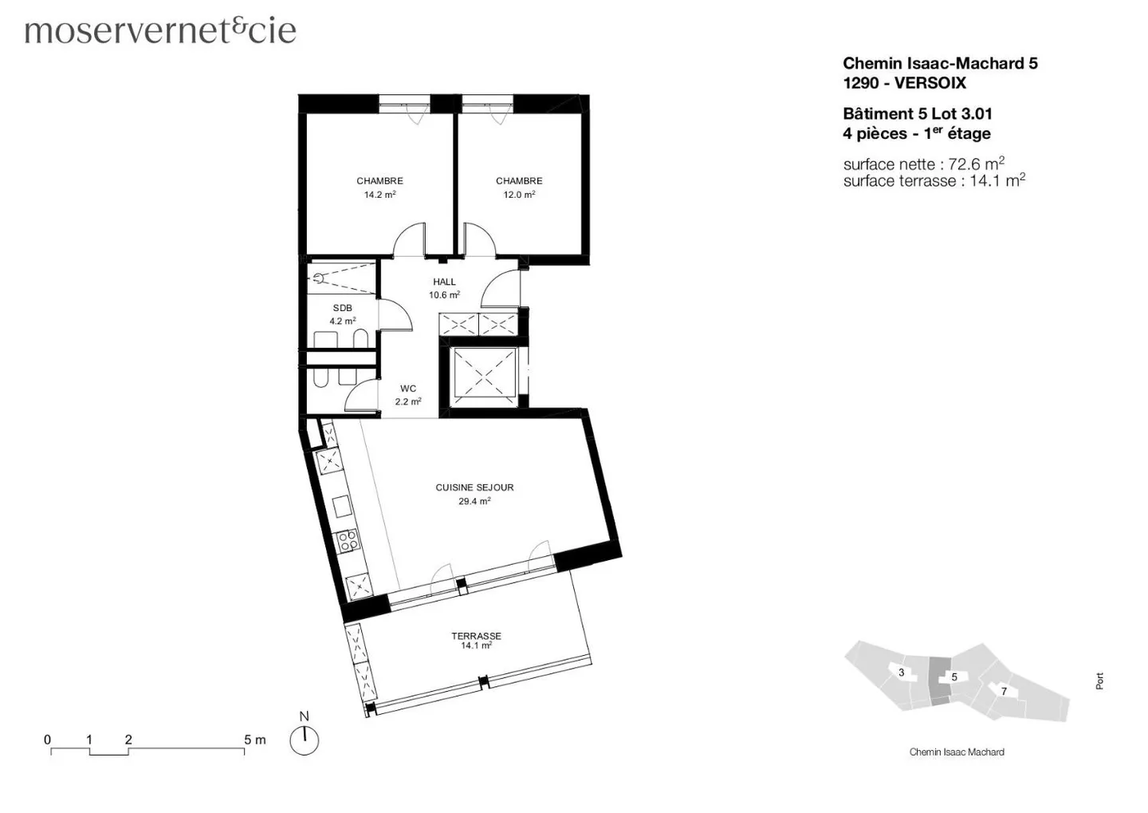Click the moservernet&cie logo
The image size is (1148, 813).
tap(160, 30)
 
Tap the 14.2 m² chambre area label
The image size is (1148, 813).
tap(379, 195)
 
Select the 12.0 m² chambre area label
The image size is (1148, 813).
tap(519, 195)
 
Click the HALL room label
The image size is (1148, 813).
tap(444, 282)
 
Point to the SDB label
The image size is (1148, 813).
tap(342, 308)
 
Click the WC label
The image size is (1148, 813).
tap(408, 389)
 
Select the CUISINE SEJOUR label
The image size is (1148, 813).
tap(474, 487)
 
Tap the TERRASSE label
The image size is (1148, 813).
tap(476, 636)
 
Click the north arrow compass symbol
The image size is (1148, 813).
tap(304, 740)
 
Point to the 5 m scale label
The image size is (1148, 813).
tap(254, 740)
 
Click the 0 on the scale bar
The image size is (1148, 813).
tap(48, 740)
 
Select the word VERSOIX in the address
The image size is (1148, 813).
tap(930, 83)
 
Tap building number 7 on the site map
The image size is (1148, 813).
tap(1004, 691)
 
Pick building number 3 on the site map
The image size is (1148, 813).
tap(902, 673)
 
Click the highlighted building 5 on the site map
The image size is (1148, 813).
tap(949, 677)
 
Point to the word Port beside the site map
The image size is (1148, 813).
tap(1099, 681)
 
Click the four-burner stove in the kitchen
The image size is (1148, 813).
tap(348, 542)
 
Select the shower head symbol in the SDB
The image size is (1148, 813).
tap(318, 278)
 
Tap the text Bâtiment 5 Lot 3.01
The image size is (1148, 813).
tap(917, 114)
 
